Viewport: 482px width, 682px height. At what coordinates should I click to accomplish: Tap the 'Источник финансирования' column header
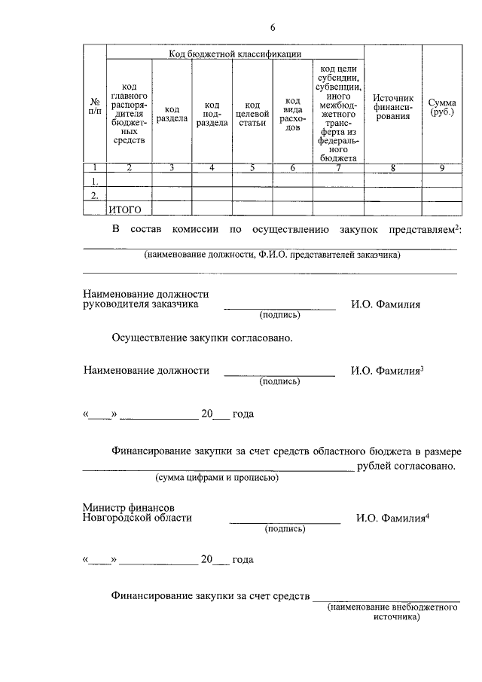click(393, 107)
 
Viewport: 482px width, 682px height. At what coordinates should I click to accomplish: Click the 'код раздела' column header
click(172, 114)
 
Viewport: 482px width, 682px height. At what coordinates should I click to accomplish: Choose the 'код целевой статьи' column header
click(252, 114)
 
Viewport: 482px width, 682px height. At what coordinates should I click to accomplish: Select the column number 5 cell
click(252, 168)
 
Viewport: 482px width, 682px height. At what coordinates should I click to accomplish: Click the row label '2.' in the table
click(95, 196)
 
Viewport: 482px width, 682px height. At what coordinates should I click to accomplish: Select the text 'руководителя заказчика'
click(141, 304)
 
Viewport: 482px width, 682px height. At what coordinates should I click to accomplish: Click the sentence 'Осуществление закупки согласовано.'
click(201, 338)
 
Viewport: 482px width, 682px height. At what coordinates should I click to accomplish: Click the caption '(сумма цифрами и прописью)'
click(217, 478)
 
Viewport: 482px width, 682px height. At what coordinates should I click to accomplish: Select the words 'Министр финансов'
click(129, 507)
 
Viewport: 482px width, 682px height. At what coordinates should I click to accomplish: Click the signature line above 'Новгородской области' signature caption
click(285, 522)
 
